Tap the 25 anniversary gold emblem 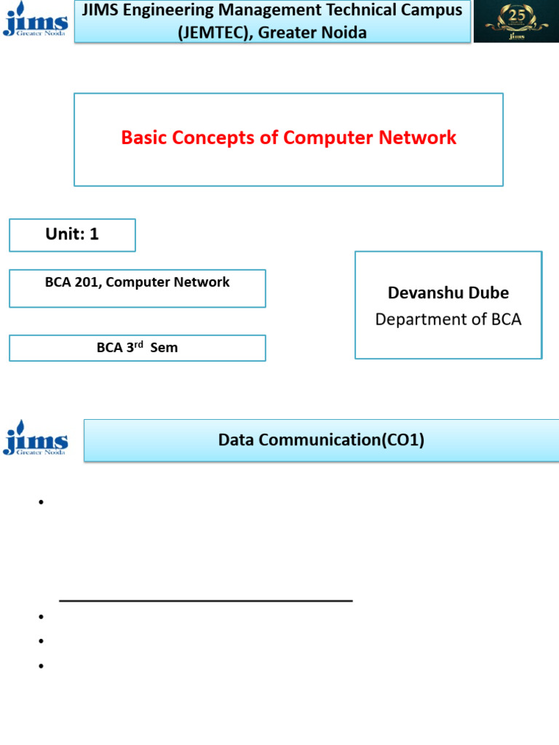pos(517,20)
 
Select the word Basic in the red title pos(144,138)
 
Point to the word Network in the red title pos(423,138)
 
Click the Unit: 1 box pos(72,234)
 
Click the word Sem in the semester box pos(164,348)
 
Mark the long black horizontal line pos(206,601)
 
